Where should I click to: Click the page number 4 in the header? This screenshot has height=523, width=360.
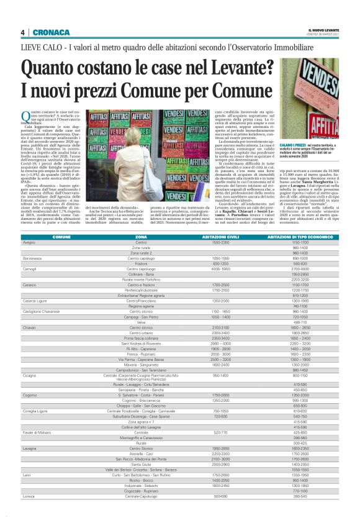point(22,32)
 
